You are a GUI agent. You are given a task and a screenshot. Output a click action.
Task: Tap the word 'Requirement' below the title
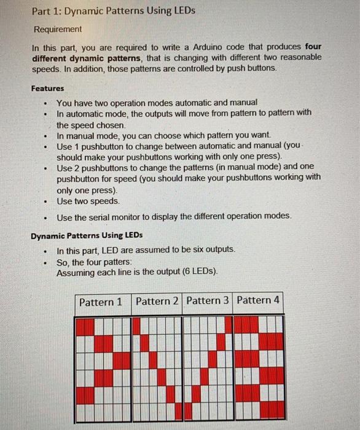pos(57,29)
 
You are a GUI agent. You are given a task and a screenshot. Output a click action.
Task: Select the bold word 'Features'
pos(47,88)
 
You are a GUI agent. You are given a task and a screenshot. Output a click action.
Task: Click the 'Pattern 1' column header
pos(101,302)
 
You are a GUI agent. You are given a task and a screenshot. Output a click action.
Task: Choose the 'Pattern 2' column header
pos(157,301)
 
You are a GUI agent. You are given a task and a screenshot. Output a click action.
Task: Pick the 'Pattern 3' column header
pos(208,300)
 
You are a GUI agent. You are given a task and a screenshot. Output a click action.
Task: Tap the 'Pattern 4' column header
pos(258,300)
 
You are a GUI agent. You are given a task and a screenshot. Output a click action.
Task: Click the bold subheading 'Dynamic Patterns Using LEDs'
pos(87,235)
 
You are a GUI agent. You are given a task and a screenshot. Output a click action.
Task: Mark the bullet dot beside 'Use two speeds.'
pos(45,201)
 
